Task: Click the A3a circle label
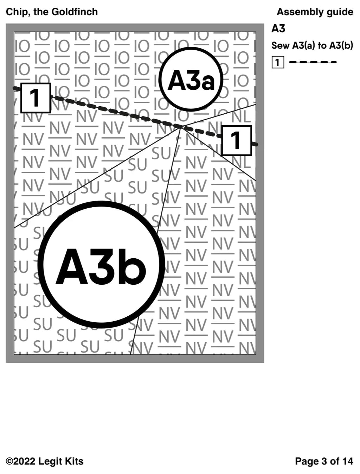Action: point(191,79)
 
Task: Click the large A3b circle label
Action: point(101,265)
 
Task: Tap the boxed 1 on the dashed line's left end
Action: point(36,98)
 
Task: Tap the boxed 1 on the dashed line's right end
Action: point(237,140)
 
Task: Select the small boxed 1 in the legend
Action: point(277,63)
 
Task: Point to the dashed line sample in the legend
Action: point(313,62)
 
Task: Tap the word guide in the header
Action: point(340,12)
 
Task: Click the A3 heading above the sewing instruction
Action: point(278,29)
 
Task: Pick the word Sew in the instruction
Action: point(280,46)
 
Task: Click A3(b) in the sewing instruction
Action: point(341,46)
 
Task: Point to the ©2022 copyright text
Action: point(20,461)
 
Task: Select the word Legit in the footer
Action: point(50,461)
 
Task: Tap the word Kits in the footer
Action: point(74,461)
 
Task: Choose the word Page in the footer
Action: point(306,461)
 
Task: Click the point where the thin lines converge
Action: point(180,128)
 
